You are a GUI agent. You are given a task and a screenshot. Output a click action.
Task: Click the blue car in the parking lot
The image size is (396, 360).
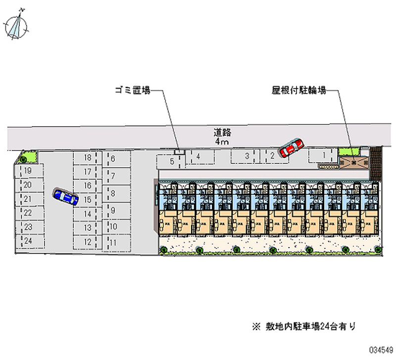coord(65,197)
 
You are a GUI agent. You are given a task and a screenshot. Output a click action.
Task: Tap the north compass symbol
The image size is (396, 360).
coord(16,26)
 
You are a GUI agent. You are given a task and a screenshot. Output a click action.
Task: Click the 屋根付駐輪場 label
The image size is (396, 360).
coord(298,91)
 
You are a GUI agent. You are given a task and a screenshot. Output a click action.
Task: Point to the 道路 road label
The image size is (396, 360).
coord(223,132)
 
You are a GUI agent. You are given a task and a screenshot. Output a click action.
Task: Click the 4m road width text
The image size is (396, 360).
coord(222,142)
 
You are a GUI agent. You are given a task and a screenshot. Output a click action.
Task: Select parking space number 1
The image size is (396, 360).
coord(324,155)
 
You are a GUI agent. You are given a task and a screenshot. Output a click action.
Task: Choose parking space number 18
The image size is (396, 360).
coord(88,158)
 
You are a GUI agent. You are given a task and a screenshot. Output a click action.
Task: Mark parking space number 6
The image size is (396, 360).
coord(113,159)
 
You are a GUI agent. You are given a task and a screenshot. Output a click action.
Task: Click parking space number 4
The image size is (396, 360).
coord(198,157)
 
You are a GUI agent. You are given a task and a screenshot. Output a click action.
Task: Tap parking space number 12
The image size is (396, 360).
coord(88,242)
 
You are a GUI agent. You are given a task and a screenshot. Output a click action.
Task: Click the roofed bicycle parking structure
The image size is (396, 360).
coord(354,162)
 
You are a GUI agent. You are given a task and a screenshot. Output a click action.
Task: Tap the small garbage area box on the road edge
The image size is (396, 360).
coord(179,150)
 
